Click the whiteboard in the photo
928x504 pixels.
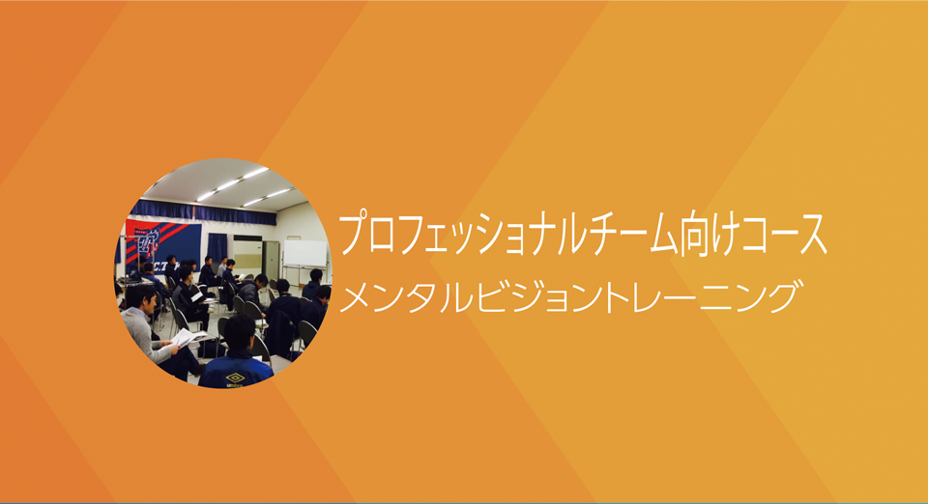tap(304, 254)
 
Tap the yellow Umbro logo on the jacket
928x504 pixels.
tap(236, 378)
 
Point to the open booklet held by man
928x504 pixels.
tap(188, 338)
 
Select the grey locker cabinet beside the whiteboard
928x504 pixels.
tap(271, 260)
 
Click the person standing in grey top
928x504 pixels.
tap(222, 267)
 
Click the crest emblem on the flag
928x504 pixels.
tap(144, 242)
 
